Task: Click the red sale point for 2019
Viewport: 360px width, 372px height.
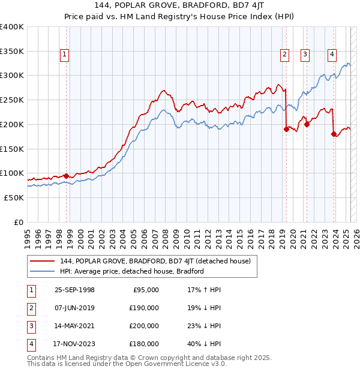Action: click(x=286, y=130)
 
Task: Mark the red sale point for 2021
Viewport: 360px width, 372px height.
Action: click(x=307, y=125)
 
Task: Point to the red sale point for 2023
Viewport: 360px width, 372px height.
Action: click(x=334, y=134)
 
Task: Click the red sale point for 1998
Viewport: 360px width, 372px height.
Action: click(x=66, y=176)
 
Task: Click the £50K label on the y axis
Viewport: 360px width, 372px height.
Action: click(x=14, y=197)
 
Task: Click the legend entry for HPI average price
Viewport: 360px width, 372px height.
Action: click(x=132, y=271)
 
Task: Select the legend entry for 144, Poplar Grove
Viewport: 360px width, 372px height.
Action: click(x=158, y=261)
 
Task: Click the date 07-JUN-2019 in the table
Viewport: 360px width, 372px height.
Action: click(x=74, y=308)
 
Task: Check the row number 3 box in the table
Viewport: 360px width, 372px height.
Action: click(x=30, y=326)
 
